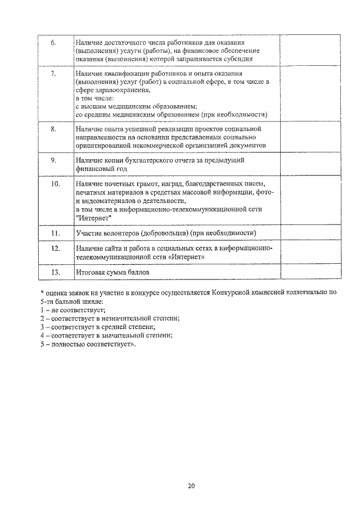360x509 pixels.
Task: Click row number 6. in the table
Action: click(53, 43)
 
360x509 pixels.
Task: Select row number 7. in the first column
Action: click(53, 74)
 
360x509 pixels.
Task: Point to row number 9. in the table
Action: click(53, 160)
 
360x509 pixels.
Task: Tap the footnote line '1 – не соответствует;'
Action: click(73, 310)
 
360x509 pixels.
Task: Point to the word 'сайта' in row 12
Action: click(111, 248)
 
